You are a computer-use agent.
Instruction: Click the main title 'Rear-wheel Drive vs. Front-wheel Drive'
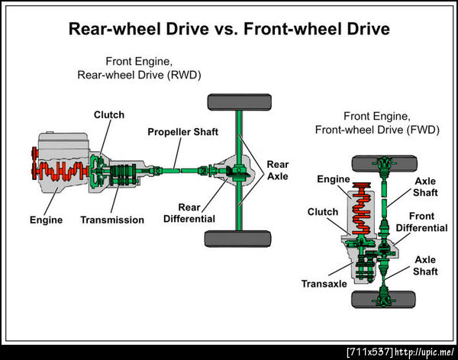coord(229,30)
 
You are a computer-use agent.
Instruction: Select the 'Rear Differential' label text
coord(189,213)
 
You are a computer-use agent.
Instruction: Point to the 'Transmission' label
coord(112,220)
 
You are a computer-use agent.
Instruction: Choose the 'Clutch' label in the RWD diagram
coord(109,114)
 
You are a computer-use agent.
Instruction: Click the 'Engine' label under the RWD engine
coord(47,220)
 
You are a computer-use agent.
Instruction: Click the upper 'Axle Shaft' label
coord(425,188)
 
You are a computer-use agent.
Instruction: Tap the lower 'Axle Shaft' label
coord(425,265)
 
